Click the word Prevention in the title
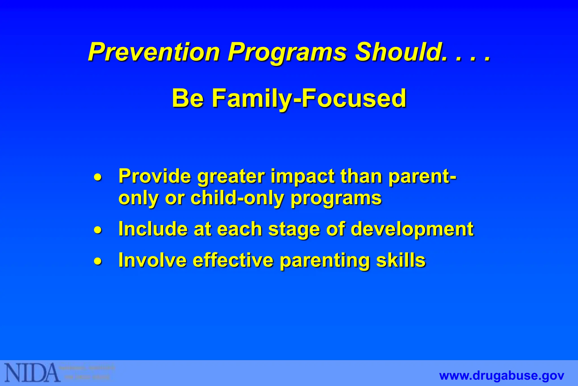[154, 52]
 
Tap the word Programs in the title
[287, 53]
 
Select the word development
[412, 229]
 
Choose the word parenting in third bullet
[325, 261]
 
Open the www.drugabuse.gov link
[502, 376]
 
